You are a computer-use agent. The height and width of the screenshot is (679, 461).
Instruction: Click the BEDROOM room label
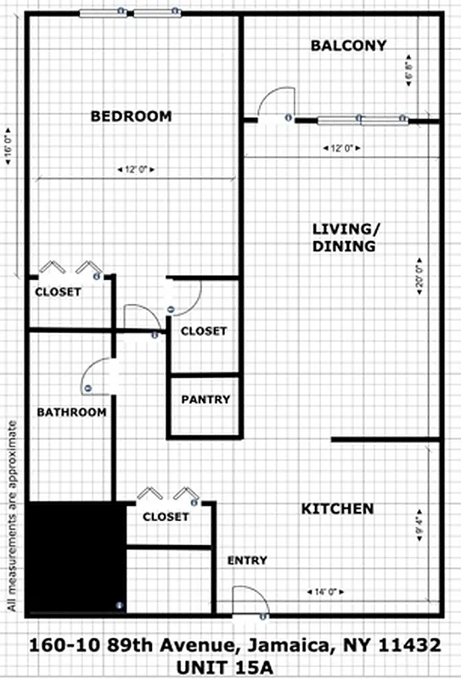(132, 116)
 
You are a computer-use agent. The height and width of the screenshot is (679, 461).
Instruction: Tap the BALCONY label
(348, 46)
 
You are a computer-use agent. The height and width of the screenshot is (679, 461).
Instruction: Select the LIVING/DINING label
(344, 238)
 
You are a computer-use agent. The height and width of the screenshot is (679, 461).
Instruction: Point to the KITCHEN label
(337, 509)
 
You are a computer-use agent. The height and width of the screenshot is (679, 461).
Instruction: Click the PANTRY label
(205, 399)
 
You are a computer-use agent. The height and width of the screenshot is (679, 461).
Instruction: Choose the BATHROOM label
(71, 412)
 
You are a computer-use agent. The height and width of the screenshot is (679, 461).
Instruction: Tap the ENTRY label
(248, 560)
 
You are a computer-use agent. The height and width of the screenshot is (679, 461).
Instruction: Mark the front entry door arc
(250, 599)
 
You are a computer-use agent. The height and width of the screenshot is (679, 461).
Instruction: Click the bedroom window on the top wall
(132, 14)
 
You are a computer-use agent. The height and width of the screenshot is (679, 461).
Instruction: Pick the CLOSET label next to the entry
(166, 516)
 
